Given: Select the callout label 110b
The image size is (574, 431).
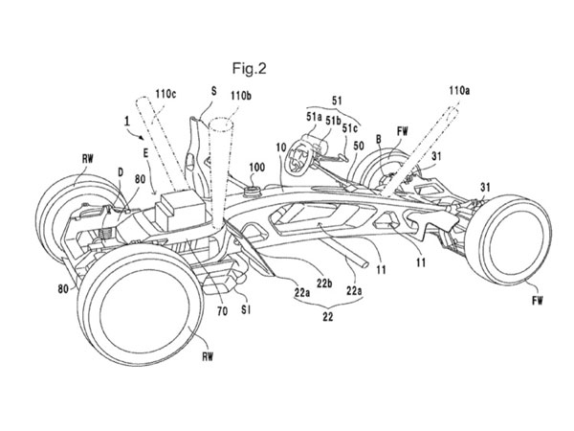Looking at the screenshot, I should point(242,97).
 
